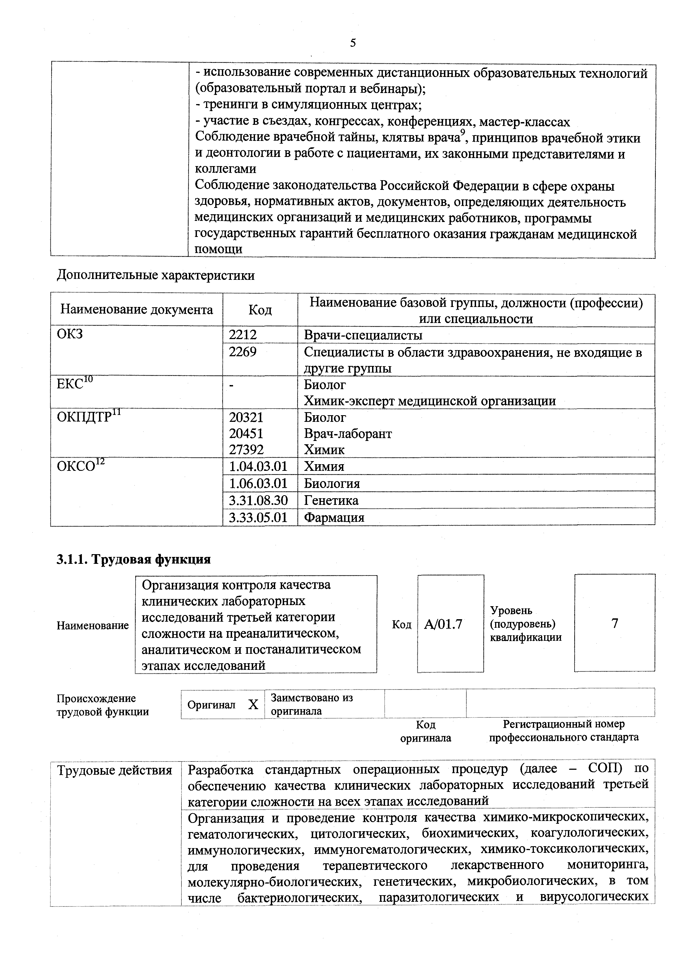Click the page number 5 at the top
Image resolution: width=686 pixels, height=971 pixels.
[353, 43]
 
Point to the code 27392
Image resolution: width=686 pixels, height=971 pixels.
[246, 450]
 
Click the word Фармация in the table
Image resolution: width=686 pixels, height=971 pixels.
[334, 517]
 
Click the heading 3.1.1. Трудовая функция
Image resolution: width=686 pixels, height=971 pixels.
[134, 559]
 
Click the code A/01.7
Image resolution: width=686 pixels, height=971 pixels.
[443, 624]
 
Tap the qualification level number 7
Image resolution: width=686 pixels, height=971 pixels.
[615, 623]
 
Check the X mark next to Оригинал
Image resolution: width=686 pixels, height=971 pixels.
[253, 704]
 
